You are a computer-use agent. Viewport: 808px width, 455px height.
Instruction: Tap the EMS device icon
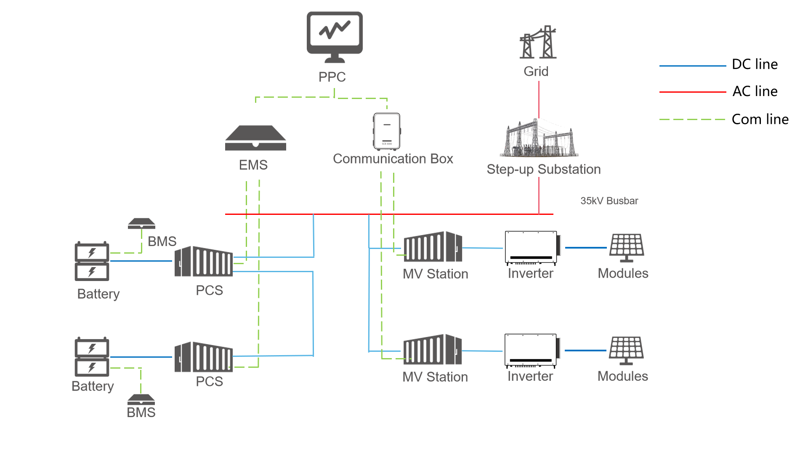pyautogui.click(x=255, y=138)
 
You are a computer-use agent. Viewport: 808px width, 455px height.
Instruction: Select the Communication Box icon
pyautogui.click(x=387, y=131)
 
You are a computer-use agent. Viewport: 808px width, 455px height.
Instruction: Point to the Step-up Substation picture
pyautogui.click(x=540, y=139)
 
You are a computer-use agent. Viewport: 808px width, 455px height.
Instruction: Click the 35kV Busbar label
pyautogui.click(x=609, y=201)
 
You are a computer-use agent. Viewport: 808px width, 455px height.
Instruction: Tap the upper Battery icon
pyautogui.click(x=92, y=261)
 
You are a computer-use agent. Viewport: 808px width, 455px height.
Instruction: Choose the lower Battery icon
pyautogui.click(x=92, y=357)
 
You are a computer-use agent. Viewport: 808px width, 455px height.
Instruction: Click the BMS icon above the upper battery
pyautogui.click(x=141, y=223)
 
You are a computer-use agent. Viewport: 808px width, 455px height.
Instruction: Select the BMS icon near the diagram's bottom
pyautogui.click(x=141, y=399)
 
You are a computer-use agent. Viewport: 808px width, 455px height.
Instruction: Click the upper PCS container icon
pyautogui.click(x=204, y=262)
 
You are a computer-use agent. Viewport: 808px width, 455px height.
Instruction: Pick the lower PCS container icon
pyautogui.click(x=204, y=357)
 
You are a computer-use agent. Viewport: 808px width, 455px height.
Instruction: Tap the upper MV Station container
pyautogui.click(x=433, y=247)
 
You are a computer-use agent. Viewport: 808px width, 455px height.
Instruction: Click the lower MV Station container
pyautogui.click(x=433, y=350)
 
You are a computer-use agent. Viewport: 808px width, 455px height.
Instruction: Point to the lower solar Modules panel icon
pyautogui.click(x=626, y=350)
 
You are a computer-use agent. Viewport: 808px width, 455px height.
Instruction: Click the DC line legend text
pyautogui.click(x=755, y=64)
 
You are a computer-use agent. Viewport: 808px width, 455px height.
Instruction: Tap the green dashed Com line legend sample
pyautogui.click(x=692, y=120)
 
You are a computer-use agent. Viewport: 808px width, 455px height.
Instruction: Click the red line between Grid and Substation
pyautogui.click(x=539, y=99)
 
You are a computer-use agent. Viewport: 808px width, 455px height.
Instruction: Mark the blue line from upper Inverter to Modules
pyautogui.click(x=586, y=248)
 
